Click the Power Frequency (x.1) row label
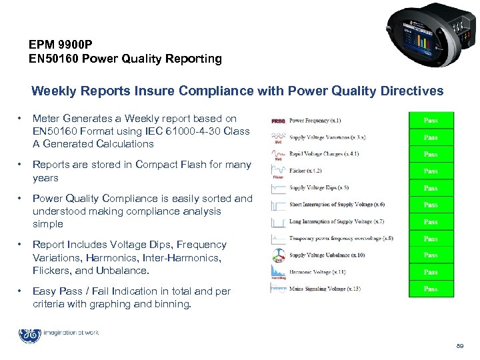[315, 121]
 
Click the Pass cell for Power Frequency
[431, 121]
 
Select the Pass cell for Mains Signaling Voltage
[431, 289]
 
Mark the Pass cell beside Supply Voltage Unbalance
[431, 255]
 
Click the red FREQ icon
[278, 121]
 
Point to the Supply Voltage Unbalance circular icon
[278, 255]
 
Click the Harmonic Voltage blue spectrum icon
[278, 271]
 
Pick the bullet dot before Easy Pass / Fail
[21, 291]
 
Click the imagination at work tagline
[73, 332]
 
